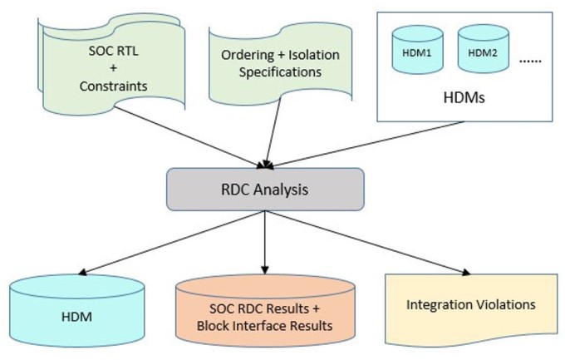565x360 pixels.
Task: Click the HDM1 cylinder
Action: (417, 50)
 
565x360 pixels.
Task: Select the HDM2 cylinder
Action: (484, 50)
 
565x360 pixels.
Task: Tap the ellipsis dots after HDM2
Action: (530, 62)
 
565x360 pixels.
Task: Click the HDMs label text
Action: (464, 98)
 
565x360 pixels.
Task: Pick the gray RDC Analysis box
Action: (265, 189)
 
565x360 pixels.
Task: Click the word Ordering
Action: (248, 55)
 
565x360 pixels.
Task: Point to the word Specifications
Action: (280, 72)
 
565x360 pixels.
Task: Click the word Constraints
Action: (113, 86)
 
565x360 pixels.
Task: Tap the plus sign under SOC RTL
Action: (113, 68)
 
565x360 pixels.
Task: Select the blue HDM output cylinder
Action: (77, 311)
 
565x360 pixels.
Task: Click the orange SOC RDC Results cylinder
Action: (265, 311)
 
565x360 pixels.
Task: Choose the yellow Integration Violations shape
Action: (471, 309)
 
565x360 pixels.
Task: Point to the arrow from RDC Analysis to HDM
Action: (171, 243)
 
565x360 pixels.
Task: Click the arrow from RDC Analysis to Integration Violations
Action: (368, 243)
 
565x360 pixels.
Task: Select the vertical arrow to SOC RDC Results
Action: (265, 243)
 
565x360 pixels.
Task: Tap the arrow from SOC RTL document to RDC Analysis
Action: (190, 137)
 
